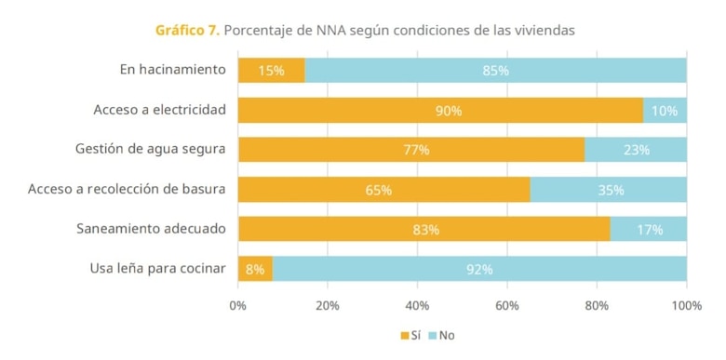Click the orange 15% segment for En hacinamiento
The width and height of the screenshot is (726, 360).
(x=271, y=71)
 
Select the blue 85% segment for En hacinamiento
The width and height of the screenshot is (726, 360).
(x=495, y=71)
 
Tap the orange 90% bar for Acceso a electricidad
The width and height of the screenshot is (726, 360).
(x=440, y=111)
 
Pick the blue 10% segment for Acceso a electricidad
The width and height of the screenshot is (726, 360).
(x=664, y=111)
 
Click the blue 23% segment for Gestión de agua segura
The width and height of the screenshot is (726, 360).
(x=636, y=150)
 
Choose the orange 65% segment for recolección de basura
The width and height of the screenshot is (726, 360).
(x=383, y=190)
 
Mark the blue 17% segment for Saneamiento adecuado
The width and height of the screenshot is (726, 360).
(x=649, y=230)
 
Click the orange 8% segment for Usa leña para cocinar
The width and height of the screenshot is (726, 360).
(x=255, y=270)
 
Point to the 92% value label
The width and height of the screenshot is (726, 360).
(x=479, y=270)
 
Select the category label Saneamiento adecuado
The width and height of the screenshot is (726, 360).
(x=151, y=229)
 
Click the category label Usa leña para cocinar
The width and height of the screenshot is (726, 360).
(x=157, y=269)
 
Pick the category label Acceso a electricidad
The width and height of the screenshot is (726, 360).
(x=159, y=110)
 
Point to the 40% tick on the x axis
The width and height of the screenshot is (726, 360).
(x=417, y=305)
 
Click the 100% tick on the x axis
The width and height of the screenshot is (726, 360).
(x=686, y=305)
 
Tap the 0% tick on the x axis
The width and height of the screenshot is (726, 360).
(x=238, y=305)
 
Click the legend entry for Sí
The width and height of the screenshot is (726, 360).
(x=410, y=335)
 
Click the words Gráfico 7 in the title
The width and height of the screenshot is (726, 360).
(x=187, y=30)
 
